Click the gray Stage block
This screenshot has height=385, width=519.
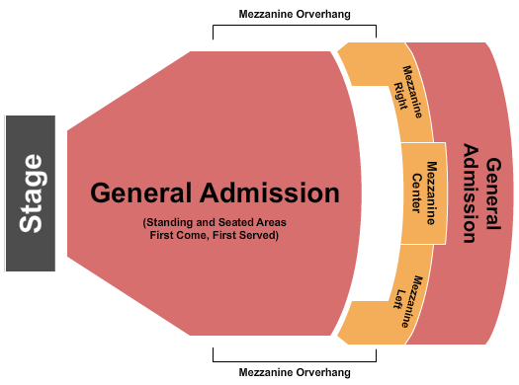tap(30, 192)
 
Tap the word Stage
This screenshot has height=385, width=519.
tap(32, 192)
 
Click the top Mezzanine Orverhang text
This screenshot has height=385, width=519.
tap(295, 14)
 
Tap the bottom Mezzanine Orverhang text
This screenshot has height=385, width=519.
tap(295, 372)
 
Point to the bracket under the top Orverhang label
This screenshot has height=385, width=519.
tap(295, 29)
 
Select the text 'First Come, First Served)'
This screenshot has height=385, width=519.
tap(215, 236)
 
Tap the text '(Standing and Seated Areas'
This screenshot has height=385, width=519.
tap(215, 222)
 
